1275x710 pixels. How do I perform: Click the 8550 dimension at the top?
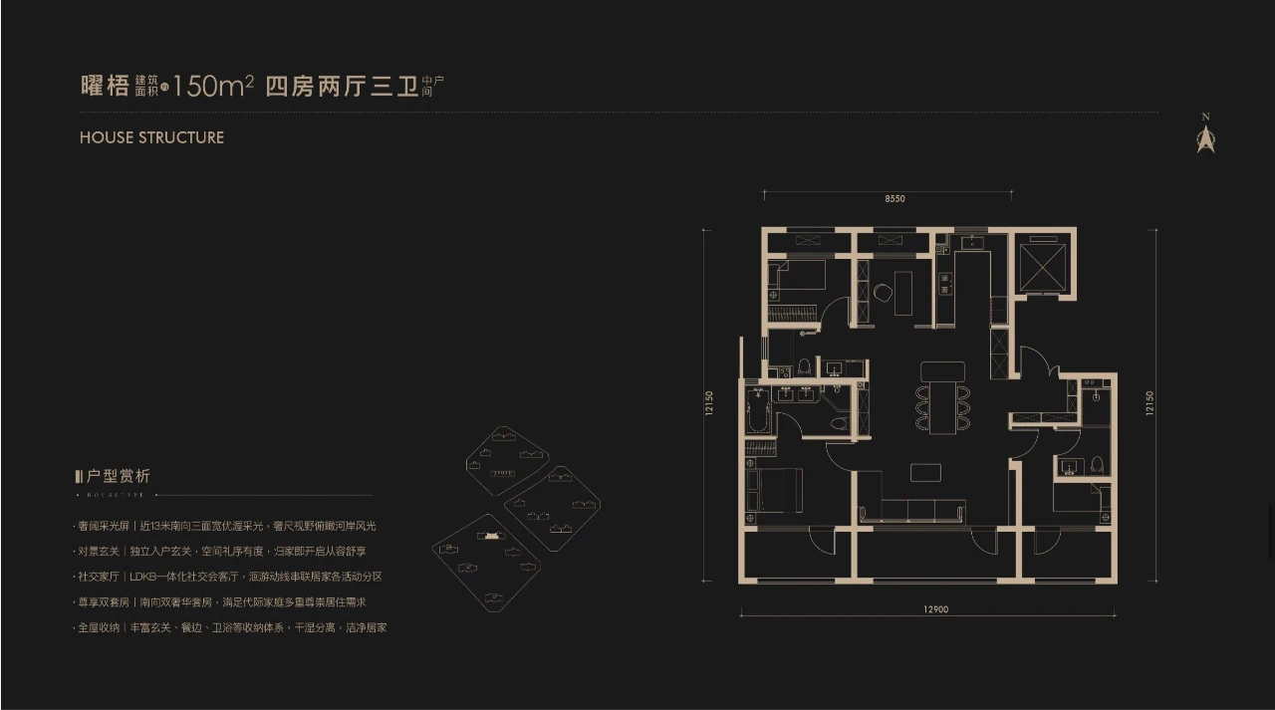tap(893, 199)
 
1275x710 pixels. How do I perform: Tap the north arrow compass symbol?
tap(1206, 137)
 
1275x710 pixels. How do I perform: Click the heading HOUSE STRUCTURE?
tap(151, 137)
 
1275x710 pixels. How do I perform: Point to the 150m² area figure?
tap(211, 87)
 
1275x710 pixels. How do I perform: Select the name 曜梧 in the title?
tap(105, 87)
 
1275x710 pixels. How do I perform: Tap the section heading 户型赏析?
tap(119, 477)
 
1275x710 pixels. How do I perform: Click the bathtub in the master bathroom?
tap(759, 410)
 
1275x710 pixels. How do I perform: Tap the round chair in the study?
tap(883, 293)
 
